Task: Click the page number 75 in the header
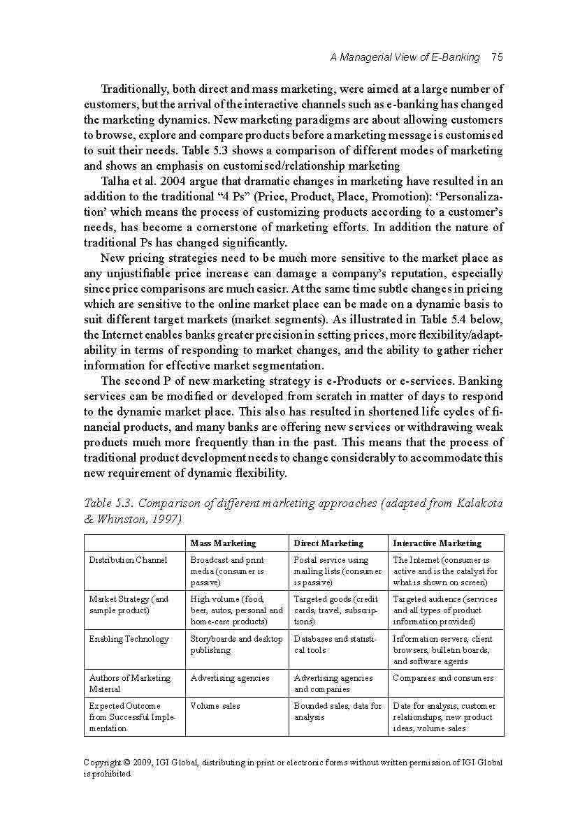coord(497,57)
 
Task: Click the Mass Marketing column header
coord(223,543)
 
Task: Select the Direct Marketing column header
coord(328,543)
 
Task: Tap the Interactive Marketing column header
coord(437,543)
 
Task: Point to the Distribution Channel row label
coord(128,560)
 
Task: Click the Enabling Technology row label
coord(129,639)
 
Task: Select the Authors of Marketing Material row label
coord(129,683)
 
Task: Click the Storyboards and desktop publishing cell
coord(236,644)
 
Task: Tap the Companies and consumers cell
coord(443,678)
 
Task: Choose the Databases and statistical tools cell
coord(335,644)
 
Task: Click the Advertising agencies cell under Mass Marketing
coord(229,678)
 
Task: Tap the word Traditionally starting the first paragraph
coord(134,89)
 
